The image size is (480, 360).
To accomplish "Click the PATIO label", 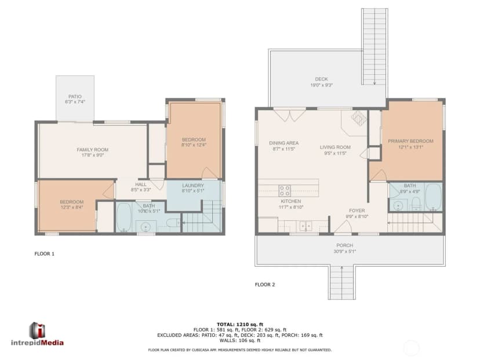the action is click(75, 96).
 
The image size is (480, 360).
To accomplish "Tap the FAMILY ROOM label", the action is click(92, 150).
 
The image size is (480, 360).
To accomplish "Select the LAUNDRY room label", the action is click(193, 186).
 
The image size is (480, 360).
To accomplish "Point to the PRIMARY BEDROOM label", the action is click(410, 141).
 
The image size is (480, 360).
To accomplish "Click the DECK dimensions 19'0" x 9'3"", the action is click(321, 85).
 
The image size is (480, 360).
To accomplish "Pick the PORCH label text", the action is click(345, 246).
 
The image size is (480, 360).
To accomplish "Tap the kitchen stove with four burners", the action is click(285, 191).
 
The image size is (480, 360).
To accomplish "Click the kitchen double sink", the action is click(306, 226).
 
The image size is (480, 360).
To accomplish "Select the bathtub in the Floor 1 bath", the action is click(123, 217).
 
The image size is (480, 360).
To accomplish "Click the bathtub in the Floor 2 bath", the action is click(434, 197).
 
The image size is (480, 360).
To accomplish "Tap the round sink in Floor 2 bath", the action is click(398, 205).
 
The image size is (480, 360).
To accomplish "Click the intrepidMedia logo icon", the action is click(37, 330).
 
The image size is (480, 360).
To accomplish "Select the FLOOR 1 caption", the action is click(45, 254).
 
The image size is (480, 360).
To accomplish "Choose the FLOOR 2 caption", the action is click(265, 285).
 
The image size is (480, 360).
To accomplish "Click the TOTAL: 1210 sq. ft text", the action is click(240, 325).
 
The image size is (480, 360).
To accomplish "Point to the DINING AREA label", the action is click(284, 143).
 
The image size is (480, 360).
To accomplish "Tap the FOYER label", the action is click(357, 210).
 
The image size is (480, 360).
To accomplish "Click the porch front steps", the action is click(342, 282).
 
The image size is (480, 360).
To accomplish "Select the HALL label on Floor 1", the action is click(141, 184).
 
